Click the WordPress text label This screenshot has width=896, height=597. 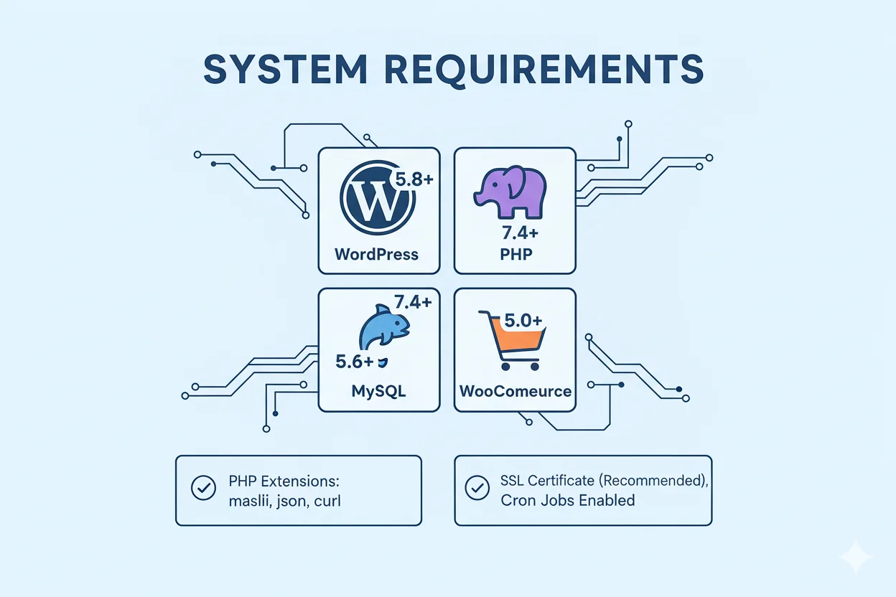tap(376, 254)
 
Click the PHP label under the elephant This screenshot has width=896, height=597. tap(515, 254)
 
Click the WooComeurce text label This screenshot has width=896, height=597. tap(515, 392)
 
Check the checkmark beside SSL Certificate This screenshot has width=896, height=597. tap(477, 489)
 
